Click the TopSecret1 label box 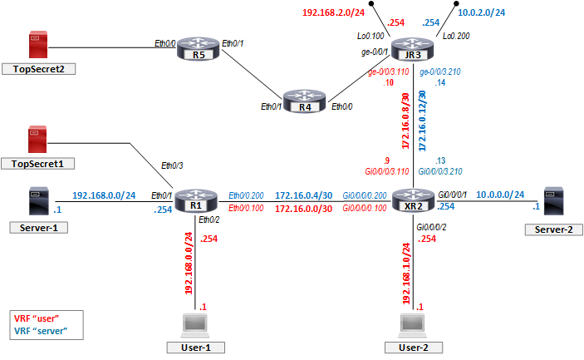coord(38,163)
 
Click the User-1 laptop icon coord(196,324)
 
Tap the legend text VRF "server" coord(40,330)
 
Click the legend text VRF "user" coord(36,318)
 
